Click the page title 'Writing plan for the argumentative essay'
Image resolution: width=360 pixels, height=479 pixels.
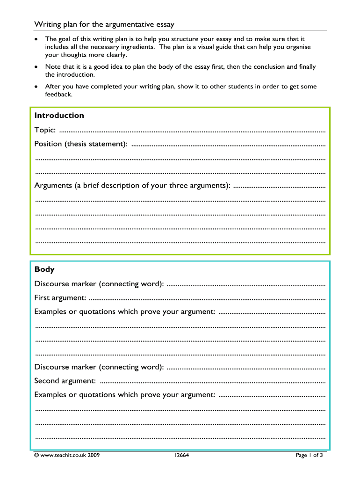pos(104,24)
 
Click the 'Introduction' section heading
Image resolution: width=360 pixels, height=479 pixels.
pos(59,116)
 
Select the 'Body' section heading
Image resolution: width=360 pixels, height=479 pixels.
pos(44,269)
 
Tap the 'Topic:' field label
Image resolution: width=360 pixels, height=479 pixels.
pos(45,130)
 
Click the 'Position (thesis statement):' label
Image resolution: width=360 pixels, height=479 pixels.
pos(81,144)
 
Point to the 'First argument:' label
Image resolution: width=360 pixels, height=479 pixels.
pos(60,298)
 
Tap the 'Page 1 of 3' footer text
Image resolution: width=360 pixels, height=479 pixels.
pos(309,455)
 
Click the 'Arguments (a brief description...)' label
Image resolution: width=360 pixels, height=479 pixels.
pos(132,185)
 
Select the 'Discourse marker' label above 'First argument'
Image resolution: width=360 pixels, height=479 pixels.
pos(99,284)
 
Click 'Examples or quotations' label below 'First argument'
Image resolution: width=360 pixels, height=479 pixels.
pos(125,312)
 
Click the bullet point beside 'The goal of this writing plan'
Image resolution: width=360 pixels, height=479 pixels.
pos(36,39)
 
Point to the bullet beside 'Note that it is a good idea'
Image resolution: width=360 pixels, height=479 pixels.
pos(36,67)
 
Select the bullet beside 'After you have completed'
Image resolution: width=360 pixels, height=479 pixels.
pos(36,87)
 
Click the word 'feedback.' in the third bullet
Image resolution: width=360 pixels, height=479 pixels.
pos(58,94)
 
